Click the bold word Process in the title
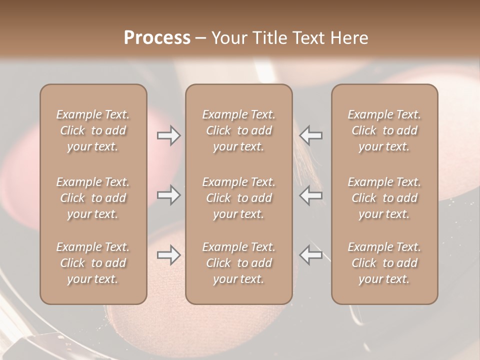pos(157,38)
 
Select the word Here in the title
pos(348,38)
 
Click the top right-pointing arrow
pos(169,135)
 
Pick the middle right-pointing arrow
pos(169,195)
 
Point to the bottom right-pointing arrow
pos(169,255)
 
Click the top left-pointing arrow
pos(310,135)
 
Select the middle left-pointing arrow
pos(310,195)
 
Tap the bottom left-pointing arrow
pos(310,255)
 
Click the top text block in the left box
pos(93,130)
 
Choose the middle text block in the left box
pos(93,198)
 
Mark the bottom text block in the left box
pos(93,263)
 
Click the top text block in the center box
pos(239,130)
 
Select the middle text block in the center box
pos(239,198)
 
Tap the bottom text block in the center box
pos(239,263)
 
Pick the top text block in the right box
pos(384,130)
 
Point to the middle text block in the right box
pos(384,198)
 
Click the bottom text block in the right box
pos(384,263)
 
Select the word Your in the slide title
pos(227,38)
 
